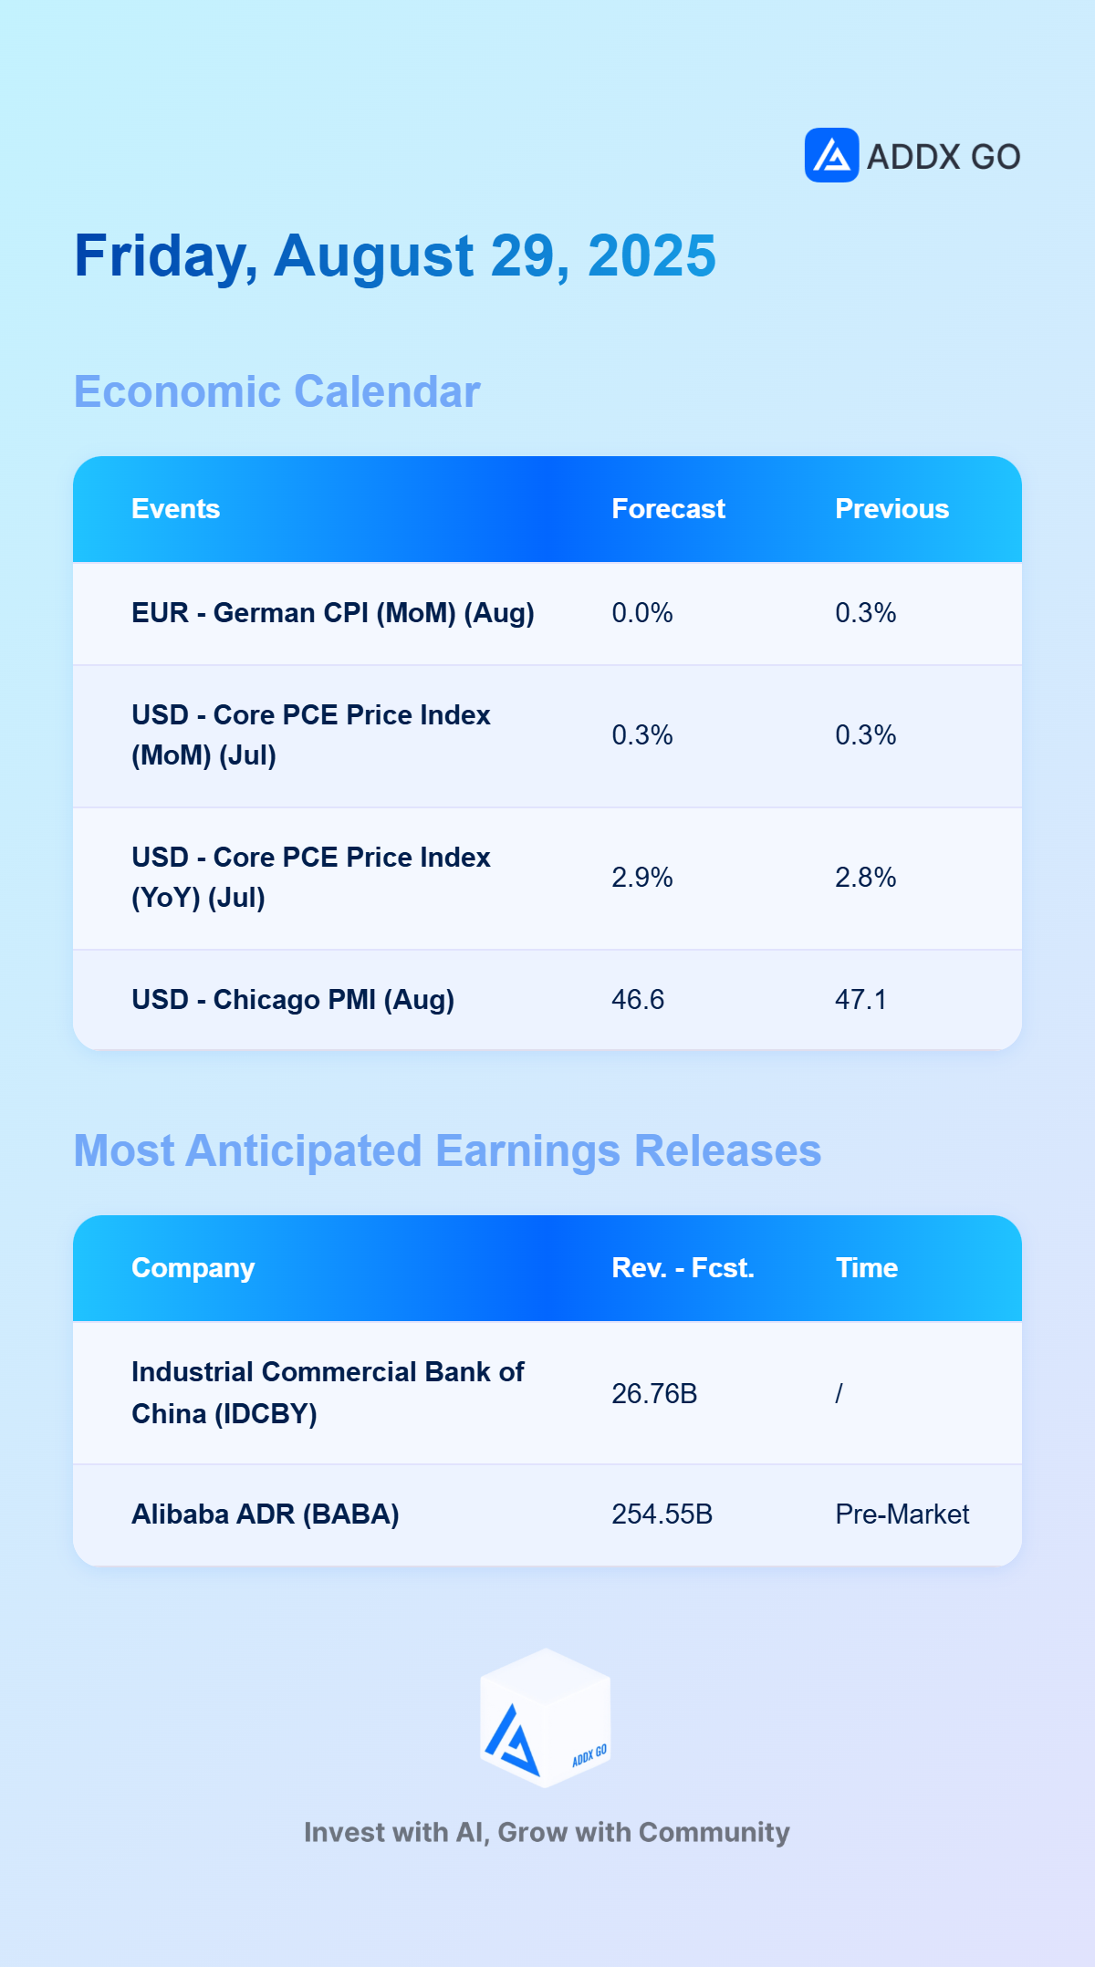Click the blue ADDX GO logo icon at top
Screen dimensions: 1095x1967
[831, 155]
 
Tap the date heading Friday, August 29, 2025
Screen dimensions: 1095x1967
[395, 256]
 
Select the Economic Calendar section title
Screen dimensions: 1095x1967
[277, 392]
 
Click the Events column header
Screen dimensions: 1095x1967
[176, 509]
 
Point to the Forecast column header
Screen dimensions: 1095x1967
[669, 509]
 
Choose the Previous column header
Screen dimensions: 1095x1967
[892, 509]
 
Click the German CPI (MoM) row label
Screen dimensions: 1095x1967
[333, 613]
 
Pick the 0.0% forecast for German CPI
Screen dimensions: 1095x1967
[642, 613]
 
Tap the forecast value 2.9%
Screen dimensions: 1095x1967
[642, 878]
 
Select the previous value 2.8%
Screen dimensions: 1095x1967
[866, 878]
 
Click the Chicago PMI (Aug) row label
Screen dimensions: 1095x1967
[293, 1000]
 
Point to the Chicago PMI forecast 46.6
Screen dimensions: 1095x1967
[638, 1000]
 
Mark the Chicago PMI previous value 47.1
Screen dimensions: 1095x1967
[860, 1000]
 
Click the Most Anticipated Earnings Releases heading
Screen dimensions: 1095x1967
[448, 1151]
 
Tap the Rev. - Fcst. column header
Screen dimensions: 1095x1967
[683, 1268]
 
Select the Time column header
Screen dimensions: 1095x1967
[867, 1268]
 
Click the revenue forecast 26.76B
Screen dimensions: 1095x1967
[654, 1394]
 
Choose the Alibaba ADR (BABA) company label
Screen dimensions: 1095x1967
[266, 1514]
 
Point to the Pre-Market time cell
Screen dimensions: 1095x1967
[902, 1514]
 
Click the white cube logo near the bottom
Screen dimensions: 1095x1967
[546, 1718]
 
